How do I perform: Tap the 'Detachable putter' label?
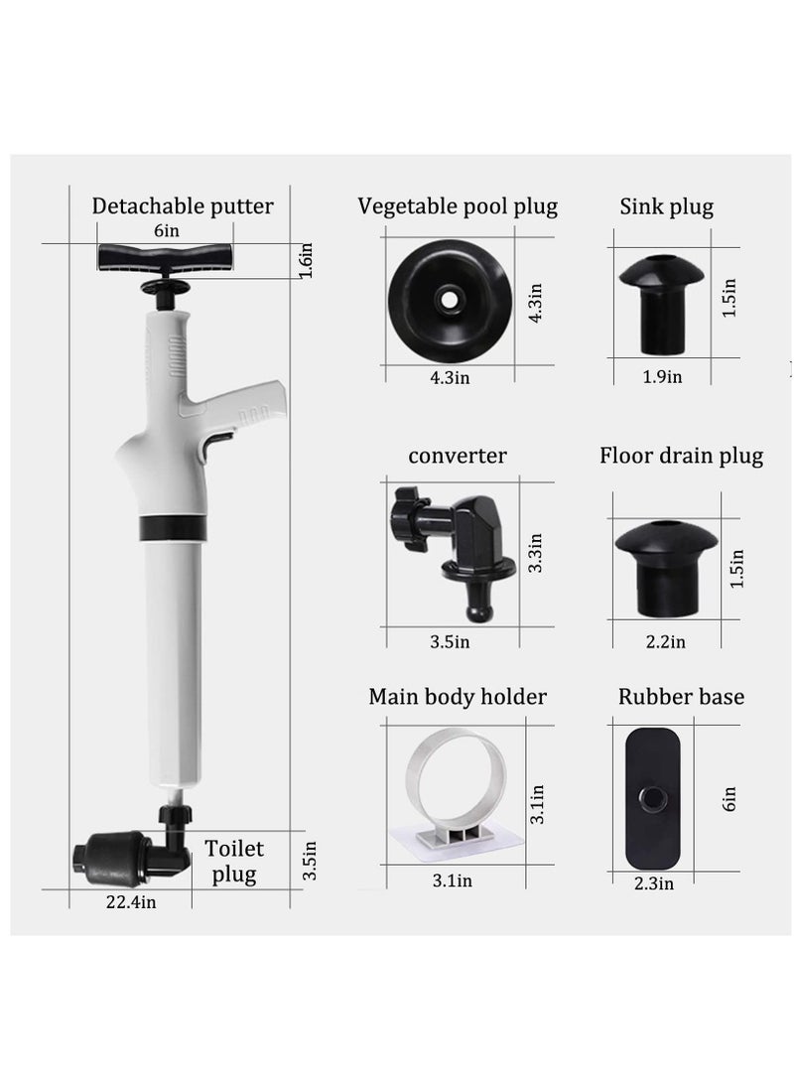tap(183, 206)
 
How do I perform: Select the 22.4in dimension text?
tap(132, 901)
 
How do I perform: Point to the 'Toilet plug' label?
tap(234, 861)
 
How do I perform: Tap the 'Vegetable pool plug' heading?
tap(458, 206)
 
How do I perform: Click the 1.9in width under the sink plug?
tap(662, 376)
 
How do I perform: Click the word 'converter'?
tap(458, 456)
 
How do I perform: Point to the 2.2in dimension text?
tap(665, 641)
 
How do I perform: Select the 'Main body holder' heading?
tap(458, 696)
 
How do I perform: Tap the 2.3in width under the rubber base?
tap(654, 883)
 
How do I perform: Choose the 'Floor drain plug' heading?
tap(681, 456)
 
